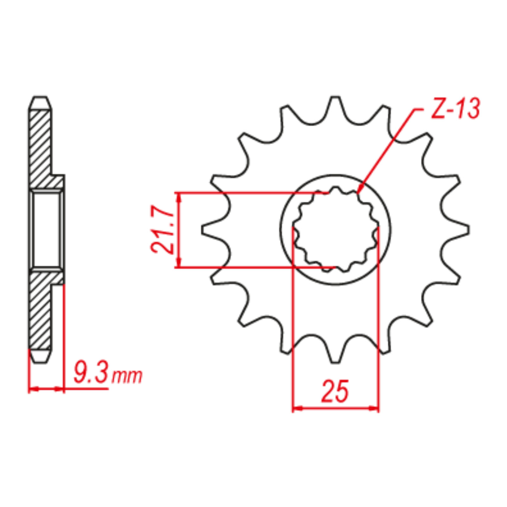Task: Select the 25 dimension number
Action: tap(335, 391)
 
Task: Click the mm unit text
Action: tap(127, 376)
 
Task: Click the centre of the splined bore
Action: tap(335, 229)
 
